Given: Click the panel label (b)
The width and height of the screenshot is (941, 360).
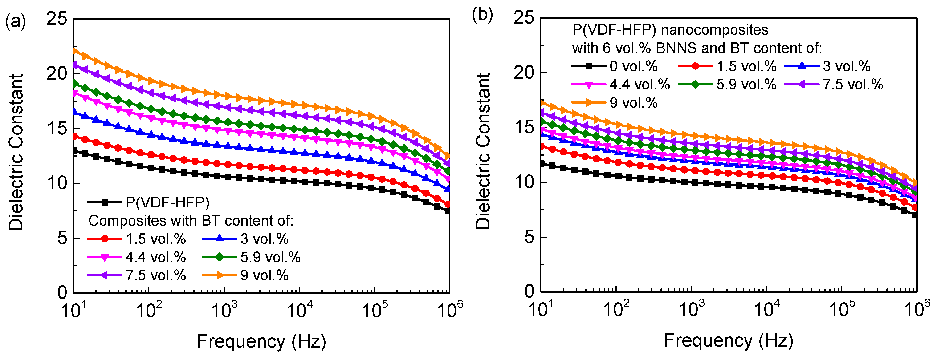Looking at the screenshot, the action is coord(482,15).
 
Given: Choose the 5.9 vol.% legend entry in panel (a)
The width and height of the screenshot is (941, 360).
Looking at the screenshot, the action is coord(251,257).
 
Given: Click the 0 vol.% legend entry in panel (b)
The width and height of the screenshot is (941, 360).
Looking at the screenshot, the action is coord(615,66).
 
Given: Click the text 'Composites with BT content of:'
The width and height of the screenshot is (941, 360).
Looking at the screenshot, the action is coord(191,221).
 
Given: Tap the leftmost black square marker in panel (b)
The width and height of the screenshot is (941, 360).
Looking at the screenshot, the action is coord(542,164).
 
